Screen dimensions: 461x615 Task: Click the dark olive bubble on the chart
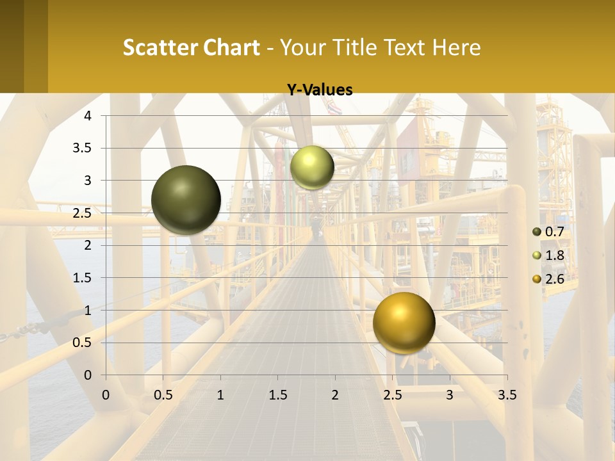tap(186, 200)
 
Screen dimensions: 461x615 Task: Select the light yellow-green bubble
tap(312, 167)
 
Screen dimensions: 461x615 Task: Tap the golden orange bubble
tap(404, 323)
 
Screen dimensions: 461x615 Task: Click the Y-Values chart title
tap(319, 90)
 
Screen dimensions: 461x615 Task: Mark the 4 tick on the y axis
tap(88, 115)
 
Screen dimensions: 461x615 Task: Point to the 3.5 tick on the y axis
tap(84, 148)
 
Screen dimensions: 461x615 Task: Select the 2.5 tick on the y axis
tap(84, 213)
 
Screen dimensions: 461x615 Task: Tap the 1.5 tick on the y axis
tap(84, 278)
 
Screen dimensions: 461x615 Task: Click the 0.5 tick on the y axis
tap(84, 343)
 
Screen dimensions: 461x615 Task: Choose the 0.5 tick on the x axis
tap(163, 395)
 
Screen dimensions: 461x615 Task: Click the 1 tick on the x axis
tap(220, 395)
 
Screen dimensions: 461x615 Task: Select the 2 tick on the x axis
tap(335, 395)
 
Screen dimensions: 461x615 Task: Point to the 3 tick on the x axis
tap(450, 395)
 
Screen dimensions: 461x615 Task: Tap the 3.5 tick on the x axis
tap(507, 395)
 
